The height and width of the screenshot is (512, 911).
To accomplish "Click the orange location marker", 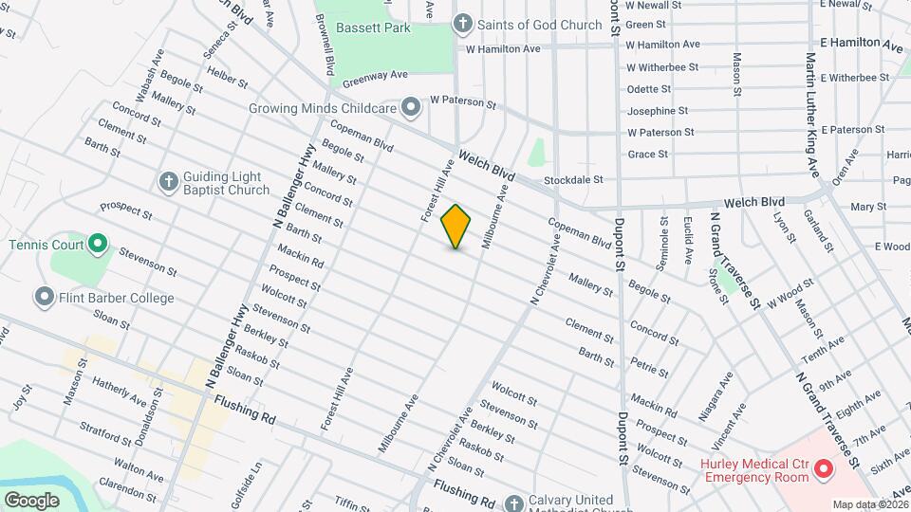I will coord(456,227).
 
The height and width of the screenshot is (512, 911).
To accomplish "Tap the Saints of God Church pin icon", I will coord(462,24).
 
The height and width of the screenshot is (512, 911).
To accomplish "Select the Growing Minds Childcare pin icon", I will coord(411,108).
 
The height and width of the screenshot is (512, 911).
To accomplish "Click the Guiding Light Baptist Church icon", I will coord(168,182).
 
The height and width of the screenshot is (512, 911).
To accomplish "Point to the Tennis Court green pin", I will coord(98,245).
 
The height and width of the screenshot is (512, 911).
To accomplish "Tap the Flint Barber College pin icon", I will coord(44,298).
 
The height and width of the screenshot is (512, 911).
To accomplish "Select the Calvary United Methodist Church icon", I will coord(513,502).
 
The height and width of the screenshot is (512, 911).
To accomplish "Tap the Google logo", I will coord(31,500).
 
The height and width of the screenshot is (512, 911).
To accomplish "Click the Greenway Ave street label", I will coord(375,77).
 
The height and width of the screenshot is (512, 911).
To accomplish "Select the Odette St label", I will coord(649,89).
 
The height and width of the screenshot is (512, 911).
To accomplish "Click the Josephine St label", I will coord(656,111).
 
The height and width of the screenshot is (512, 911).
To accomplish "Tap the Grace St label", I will coord(648,154).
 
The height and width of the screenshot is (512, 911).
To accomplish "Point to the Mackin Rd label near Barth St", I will coord(301,255).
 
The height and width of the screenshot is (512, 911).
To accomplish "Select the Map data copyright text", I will coord(869,504).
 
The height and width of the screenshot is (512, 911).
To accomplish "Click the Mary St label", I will coord(868,206).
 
